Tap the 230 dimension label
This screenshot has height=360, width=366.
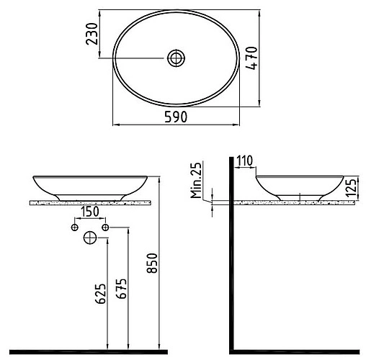(x=91, y=34)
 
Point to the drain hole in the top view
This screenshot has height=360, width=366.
(x=176, y=58)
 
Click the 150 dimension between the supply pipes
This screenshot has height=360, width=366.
(x=89, y=212)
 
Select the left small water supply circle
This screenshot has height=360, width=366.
(x=74, y=228)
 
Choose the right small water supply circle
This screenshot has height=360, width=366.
(x=105, y=228)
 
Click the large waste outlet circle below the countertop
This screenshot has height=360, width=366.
(x=91, y=237)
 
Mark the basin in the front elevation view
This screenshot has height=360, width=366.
(x=89, y=186)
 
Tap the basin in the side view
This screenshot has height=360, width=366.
(x=298, y=186)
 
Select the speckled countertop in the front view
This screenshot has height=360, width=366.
(x=89, y=204)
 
